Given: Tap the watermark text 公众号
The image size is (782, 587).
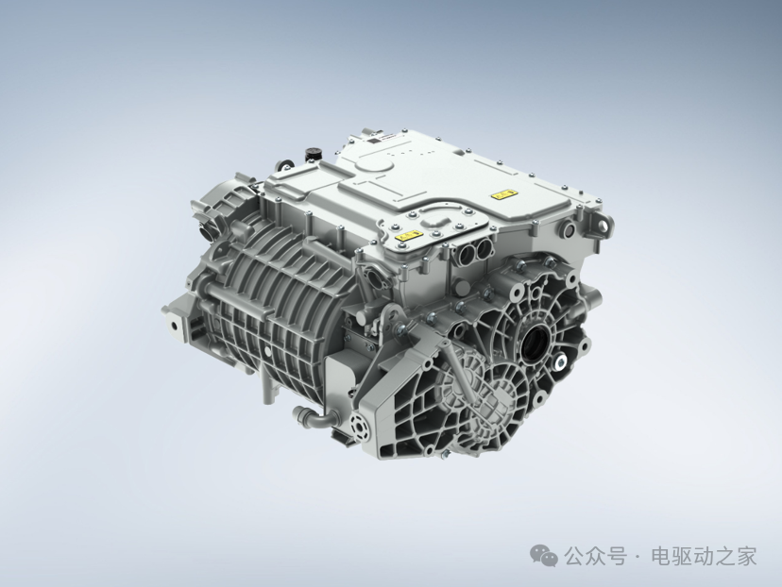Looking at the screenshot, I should coord(596,556).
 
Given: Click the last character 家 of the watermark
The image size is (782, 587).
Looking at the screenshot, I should coord(746,556).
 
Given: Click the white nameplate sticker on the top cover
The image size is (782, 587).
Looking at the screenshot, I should coord(382,142).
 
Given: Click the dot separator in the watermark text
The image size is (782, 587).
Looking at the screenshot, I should coord(638,557).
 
